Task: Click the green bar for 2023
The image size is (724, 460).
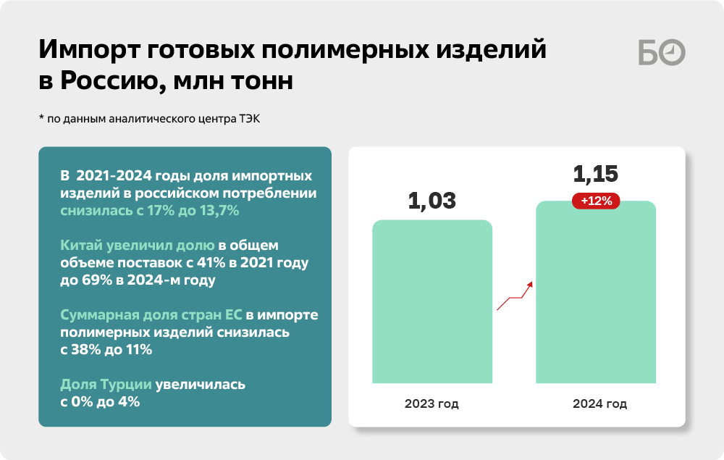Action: pyautogui.click(x=432, y=301)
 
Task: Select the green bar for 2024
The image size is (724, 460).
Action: pyautogui.click(x=596, y=292)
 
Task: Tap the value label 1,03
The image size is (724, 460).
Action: pyautogui.click(x=432, y=201)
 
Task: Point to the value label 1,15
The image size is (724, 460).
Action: pyautogui.click(x=596, y=174)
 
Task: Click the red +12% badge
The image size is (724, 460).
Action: pyautogui.click(x=596, y=201)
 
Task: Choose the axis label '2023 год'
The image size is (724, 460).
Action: pyautogui.click(x=432, y=403)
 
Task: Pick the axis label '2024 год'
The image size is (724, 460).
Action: pyautogui.click(x=599, y=403)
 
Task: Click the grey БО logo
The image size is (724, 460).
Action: pyautogui.click(x=662, y=53)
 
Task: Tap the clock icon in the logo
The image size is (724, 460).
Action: pyautogui.click(x=673, y=53)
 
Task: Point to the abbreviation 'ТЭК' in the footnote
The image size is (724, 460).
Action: pyautogui.click(x=249, y=119)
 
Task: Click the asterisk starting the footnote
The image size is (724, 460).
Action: pyautogui.click(x=41, y=117)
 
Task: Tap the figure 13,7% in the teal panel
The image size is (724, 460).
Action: pyautogui.click(x=219, y=211)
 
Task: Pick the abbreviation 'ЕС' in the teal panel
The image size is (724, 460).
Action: pyautogui.click(x=234, y=314)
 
